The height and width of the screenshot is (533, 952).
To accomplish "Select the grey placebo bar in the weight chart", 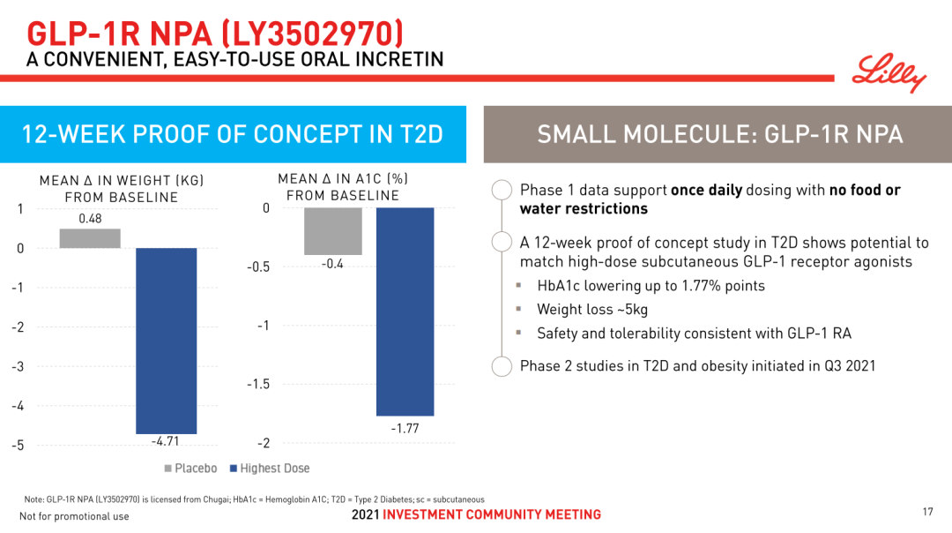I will (x=90, y=238).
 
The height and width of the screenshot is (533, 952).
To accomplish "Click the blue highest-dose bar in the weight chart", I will (x=166, y=341).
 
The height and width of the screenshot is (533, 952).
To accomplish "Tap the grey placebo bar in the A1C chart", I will (x=332, y=231).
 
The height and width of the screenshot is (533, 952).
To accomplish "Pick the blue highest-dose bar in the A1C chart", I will (x=405, y=312).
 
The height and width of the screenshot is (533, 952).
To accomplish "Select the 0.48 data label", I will (x=90, y=219).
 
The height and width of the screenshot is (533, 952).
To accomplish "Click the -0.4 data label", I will (x=332, y=264).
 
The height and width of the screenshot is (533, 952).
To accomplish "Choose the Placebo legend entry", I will (x=190, y=469).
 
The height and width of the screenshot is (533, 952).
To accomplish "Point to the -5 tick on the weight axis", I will (x=18, y=445).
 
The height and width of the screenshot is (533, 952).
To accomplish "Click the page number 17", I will (x=926, y=512).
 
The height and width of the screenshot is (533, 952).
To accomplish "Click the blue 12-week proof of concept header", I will (x=233, y=134).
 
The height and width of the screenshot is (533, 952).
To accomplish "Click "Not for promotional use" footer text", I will (x=74, y=516).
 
